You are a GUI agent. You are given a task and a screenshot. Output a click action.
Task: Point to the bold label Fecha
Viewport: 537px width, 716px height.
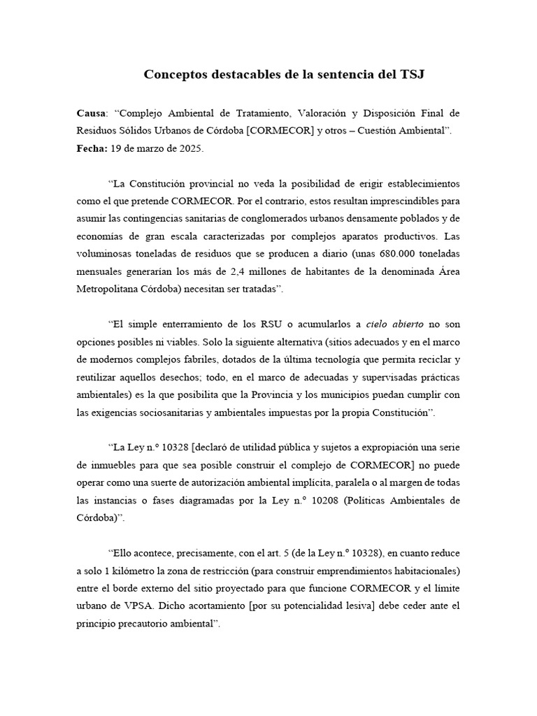point(92,149)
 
